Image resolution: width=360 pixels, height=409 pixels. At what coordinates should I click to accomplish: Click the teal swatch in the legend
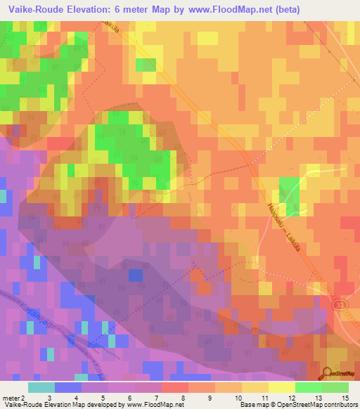tap(41, 387)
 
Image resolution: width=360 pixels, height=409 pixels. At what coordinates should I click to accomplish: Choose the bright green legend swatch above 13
tap(309, 387)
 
